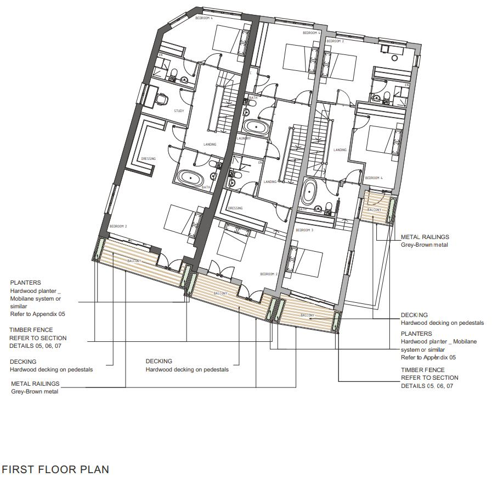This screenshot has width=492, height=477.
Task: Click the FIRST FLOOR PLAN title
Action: coord(55,469)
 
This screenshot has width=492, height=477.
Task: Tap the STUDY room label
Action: coord(179,111)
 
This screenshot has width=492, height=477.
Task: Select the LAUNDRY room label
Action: coord(243,138)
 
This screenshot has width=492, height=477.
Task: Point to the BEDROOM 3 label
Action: coord(304,230)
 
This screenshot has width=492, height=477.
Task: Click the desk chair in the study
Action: coord(161,98)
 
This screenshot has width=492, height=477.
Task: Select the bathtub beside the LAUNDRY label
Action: coord(256,127)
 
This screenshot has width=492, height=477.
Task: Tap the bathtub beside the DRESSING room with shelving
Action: coord(190,179)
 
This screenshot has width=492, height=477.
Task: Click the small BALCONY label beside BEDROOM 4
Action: coord(374,210)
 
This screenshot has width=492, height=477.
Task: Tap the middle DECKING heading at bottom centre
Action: coord(159,361)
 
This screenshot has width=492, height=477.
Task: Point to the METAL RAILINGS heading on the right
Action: coord(425,237)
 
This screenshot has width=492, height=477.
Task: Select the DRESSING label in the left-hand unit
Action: coord(148,159)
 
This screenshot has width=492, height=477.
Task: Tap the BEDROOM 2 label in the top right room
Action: coord(335,41)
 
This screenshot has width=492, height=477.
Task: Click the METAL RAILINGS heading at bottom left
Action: coord(35,384)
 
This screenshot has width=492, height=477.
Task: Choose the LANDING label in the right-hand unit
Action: coord(340,149)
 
